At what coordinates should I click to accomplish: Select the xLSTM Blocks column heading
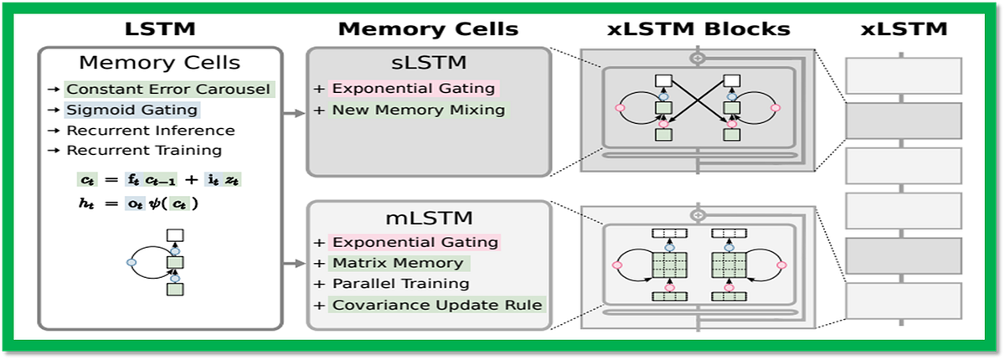point(698,29)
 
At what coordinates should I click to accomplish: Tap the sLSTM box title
point(428,63)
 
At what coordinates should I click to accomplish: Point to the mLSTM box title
point(428,219)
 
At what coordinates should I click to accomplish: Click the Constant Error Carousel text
point(169,89)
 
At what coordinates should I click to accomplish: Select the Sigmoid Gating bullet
point(131,110)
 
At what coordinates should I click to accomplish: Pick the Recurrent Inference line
point(151,131)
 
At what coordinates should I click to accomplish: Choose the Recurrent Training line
point(144,151)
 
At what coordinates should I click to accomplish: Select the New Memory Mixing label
point(418,110)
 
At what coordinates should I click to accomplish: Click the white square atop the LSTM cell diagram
point(174,237)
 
